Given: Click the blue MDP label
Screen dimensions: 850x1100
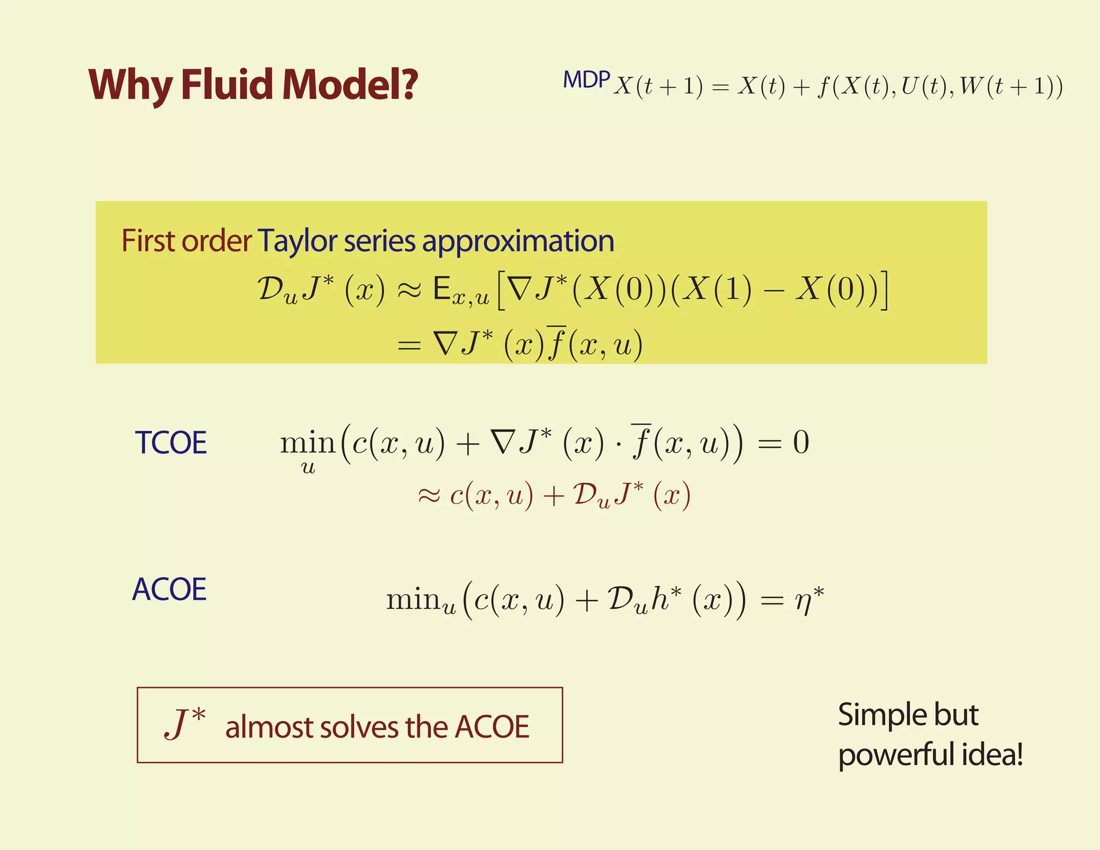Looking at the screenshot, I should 586,80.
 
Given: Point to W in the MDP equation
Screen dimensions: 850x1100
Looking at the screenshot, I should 971,86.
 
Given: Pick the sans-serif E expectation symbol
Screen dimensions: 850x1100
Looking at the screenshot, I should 442,290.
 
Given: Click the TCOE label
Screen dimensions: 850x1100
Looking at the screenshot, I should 170,443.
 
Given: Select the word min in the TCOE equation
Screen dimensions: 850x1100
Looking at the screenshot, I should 307,444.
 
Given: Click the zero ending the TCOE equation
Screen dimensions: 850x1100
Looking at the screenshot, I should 801,443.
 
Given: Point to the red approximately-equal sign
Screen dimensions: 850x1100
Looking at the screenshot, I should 429,496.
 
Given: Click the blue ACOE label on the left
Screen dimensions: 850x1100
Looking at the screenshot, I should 169,589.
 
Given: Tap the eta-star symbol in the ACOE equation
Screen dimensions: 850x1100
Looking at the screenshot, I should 809,600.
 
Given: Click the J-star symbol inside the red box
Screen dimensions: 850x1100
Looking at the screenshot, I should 184,724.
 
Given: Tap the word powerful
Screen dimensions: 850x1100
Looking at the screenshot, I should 898,754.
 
